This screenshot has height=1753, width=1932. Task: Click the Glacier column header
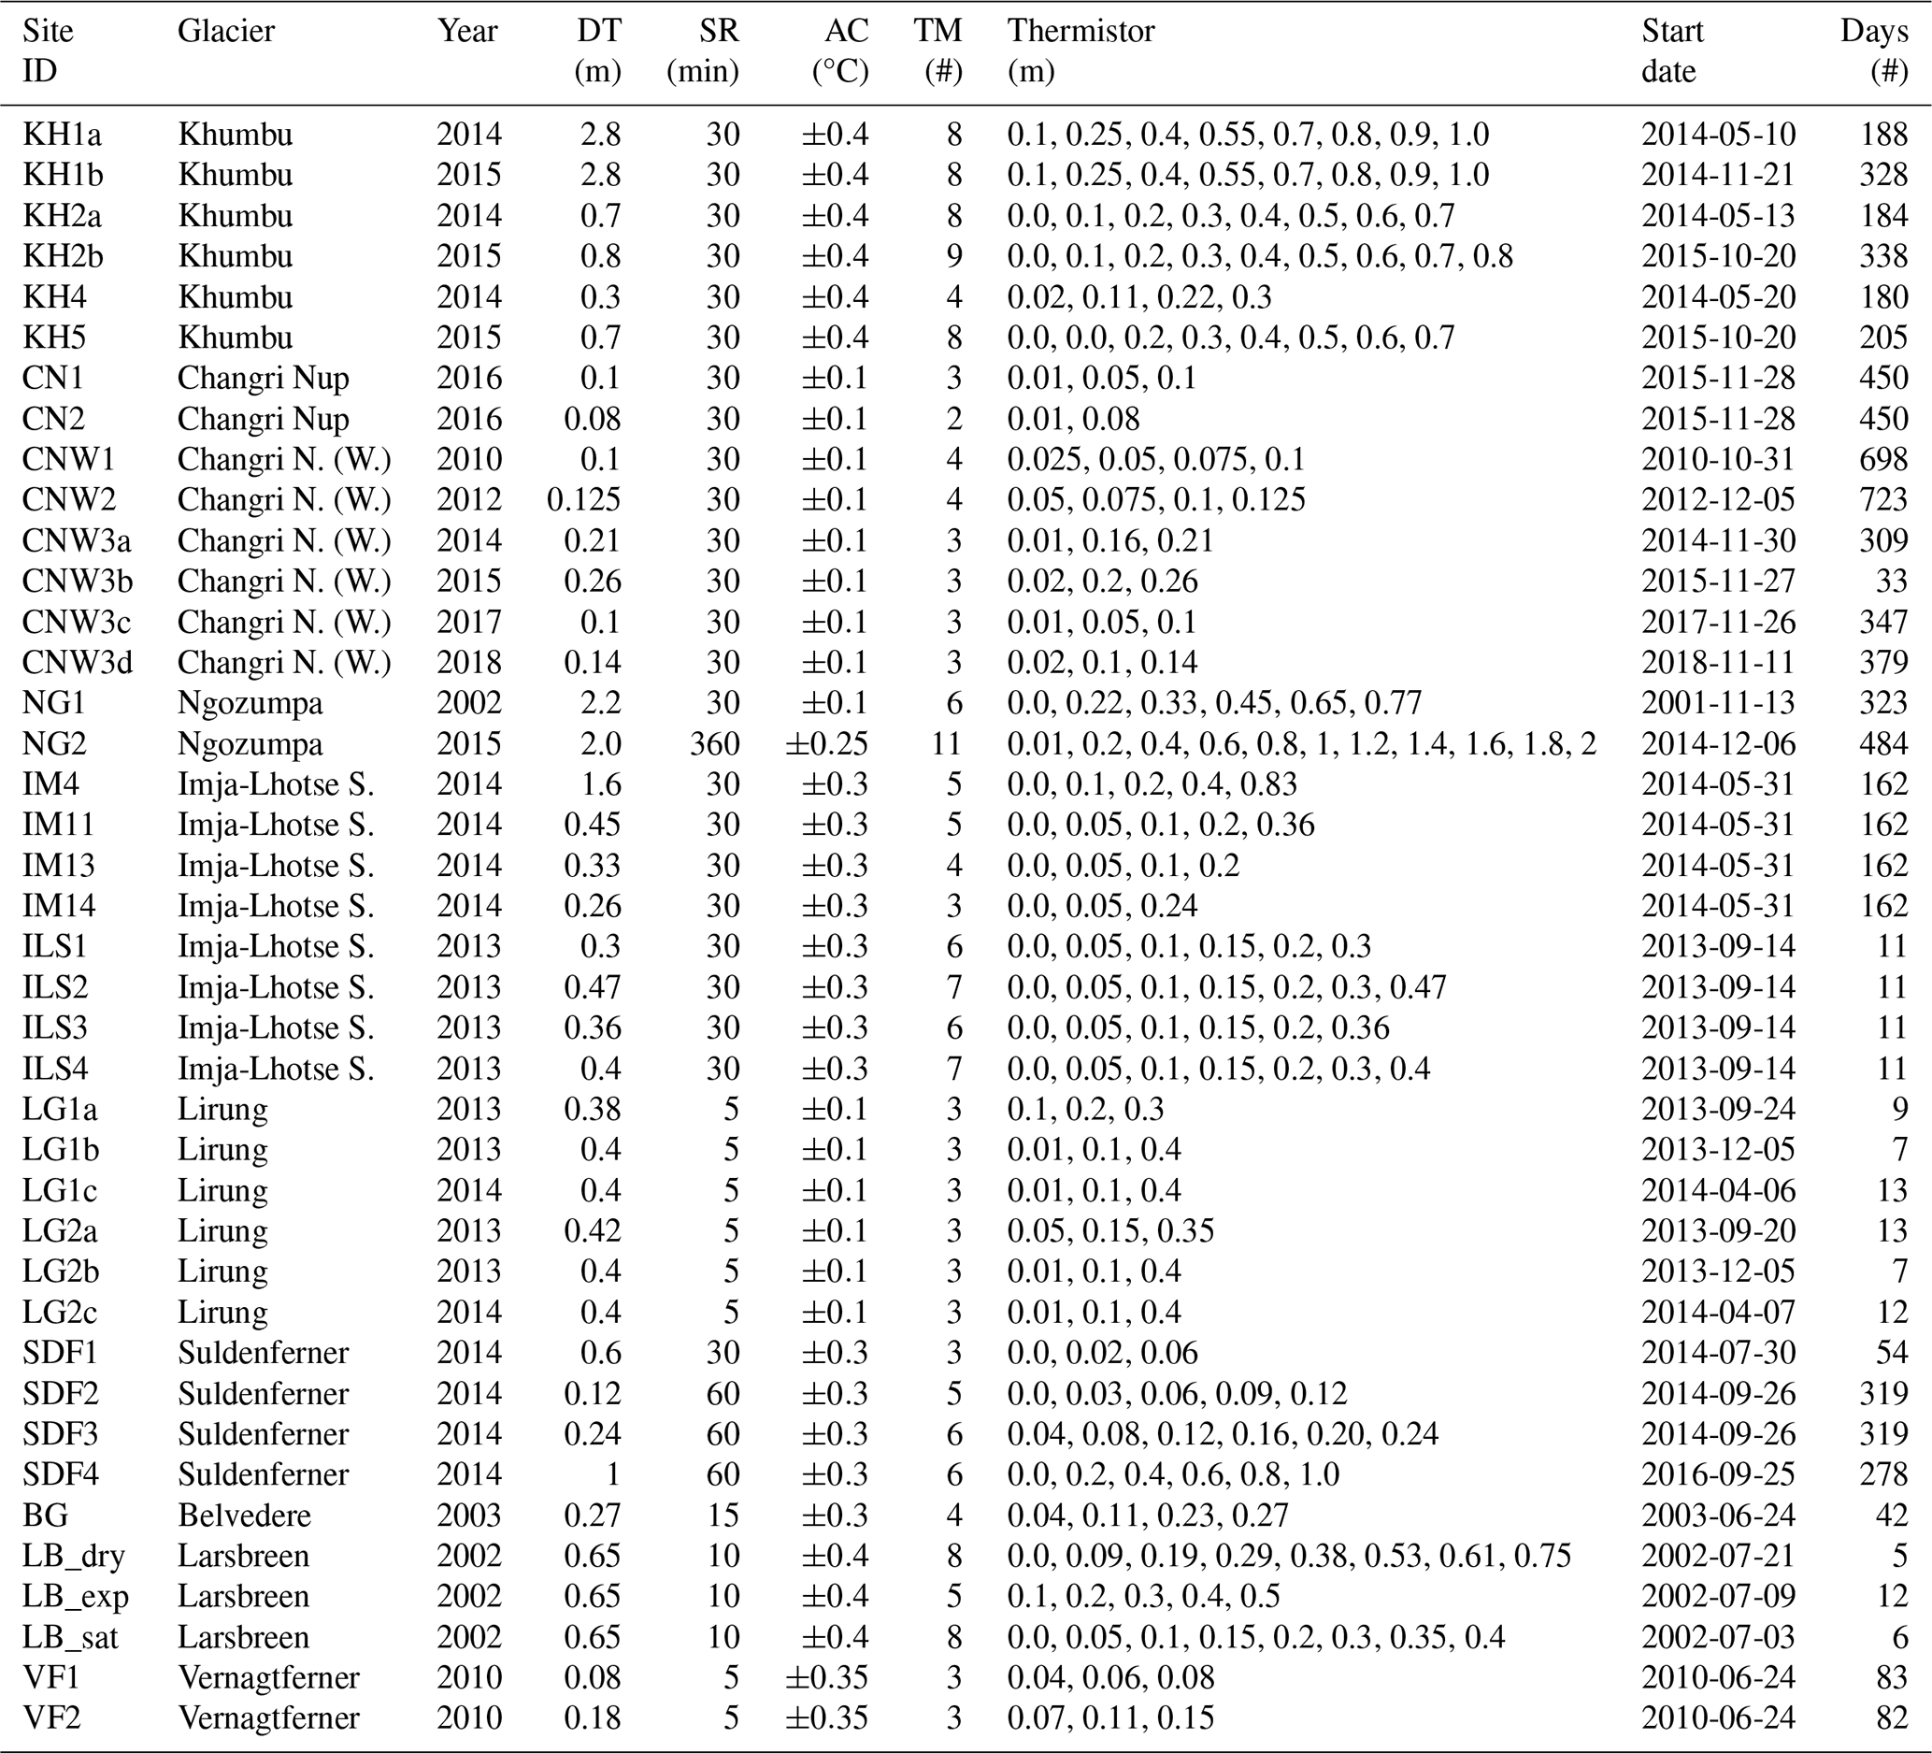(x=226, y=32)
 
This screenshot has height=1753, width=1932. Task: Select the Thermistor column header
(x=1080, y=32)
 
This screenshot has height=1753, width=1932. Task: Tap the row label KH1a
(x=63, y=135)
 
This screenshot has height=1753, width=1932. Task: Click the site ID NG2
(x=53, y=744)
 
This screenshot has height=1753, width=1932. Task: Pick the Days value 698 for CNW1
(x=1883, y=459)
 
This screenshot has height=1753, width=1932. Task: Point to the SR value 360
(x=715, y=744)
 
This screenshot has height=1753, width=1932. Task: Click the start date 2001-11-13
(x=1718, y=703)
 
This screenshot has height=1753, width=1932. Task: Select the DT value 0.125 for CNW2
(x=583, y=499)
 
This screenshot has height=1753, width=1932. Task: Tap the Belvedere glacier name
(x=244, y=1516)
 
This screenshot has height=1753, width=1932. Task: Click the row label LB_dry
(x=74, y=1556)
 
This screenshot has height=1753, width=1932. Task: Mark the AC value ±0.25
(x=827, y=744)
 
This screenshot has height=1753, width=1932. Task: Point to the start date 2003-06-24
(x=1718, y=1516)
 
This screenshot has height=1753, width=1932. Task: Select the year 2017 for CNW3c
(x=468, y=622)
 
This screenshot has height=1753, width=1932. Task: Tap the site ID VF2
(x=51, y=1717)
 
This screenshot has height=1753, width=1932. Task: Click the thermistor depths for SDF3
(x=1223, y=1434)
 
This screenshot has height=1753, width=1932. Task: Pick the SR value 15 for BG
(x=723, y=1516)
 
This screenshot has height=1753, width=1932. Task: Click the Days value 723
(x=1883, y=499)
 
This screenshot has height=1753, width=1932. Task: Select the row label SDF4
(x=61, y=1474)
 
